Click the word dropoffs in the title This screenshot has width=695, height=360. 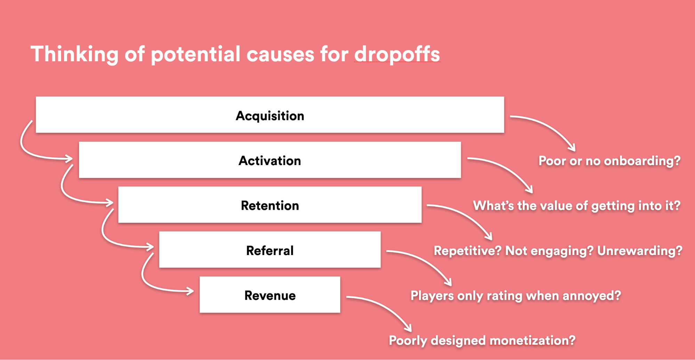coord(397,55)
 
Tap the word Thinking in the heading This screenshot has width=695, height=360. coord(75,55)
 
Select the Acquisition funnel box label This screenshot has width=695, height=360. coord(270,116)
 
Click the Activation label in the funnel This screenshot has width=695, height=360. coord(270,161)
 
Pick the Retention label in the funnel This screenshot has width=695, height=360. coord(270,206)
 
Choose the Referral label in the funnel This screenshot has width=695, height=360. coord(270,251)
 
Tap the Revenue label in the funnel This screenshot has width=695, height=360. coord(270,296)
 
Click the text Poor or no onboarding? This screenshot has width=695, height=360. coord(609,161)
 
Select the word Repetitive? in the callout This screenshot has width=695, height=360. coord(468,251)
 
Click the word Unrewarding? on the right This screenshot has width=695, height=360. coord(640,251)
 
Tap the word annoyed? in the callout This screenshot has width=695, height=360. coord(592,296)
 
